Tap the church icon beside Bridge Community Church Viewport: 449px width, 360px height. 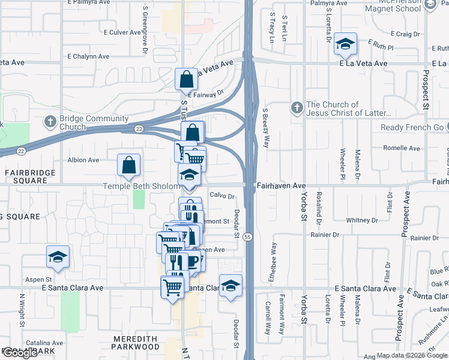(x=50, y=122)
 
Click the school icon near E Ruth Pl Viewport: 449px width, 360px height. (x=345, y=43)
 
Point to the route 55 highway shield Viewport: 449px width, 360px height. (x=247, y=238)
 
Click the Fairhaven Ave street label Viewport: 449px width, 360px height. (x=281, y=186)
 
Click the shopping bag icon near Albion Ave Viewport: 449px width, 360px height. (x=129, y=166)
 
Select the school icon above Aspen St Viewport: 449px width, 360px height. (x=58, y=257)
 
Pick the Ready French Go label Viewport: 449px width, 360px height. (x=412, y=128)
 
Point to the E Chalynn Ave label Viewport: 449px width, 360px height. (x=88, y=56)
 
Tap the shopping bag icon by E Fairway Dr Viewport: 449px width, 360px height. (x=186, y=79)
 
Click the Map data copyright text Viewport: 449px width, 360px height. (x=400, y=355)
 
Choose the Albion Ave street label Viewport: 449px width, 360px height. (x=83, y=160)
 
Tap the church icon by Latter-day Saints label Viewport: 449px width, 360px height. (x=295, y=108)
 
